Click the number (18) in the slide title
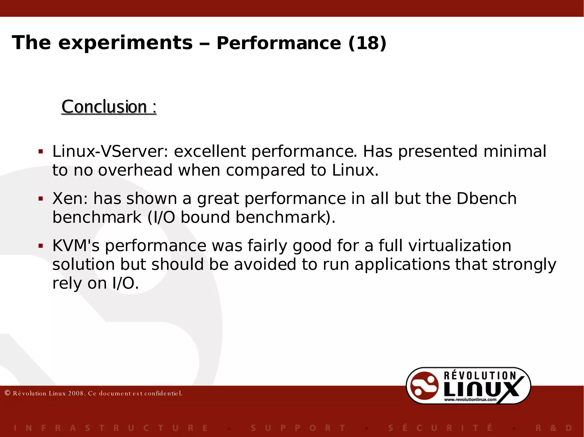[x=367, y=43]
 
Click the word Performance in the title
[x=279, y=43]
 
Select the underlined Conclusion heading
[x=109, y=107]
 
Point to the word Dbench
[x=486, y=198]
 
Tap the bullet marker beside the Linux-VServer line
[x=41, y=151]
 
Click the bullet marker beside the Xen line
[x=41, y=199]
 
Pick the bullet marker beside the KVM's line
[x=41, y=246]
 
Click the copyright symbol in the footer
[x=8, y=393]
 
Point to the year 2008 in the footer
[x=76, y=393]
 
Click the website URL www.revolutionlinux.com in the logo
[x=470, y=400]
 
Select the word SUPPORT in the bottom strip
[x=298, y=428]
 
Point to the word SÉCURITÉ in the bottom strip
[x=440, y=428]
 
